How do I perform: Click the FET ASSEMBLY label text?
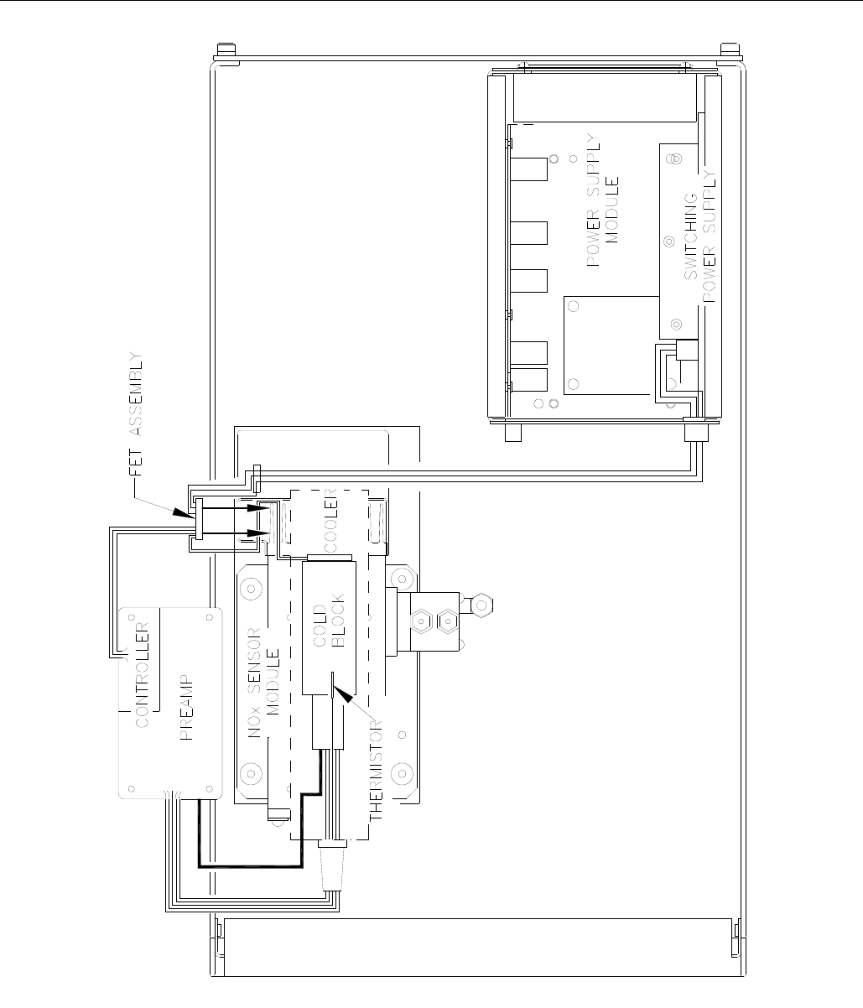click(x=136, y=413)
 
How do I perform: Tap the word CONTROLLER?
click(x=142, y=675)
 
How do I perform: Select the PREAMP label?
click(x=187, y=708)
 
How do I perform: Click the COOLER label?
click(x=330, y=521)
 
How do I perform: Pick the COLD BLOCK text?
click(x=329, y=621)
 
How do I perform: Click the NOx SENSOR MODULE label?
click(x=264, y=683)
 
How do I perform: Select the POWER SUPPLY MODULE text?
click(x=602, y=200)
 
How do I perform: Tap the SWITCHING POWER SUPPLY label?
click(x=699, y=236)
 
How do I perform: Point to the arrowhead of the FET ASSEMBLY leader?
click(x=184, y=512)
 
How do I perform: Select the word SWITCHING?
click(x=691, y=236)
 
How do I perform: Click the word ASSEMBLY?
click(x=136, y=393)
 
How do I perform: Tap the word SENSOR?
click(x=255, y=657)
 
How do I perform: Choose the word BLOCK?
click(x=338, y=621)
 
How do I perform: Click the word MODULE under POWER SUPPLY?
click(x=611, y=210)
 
